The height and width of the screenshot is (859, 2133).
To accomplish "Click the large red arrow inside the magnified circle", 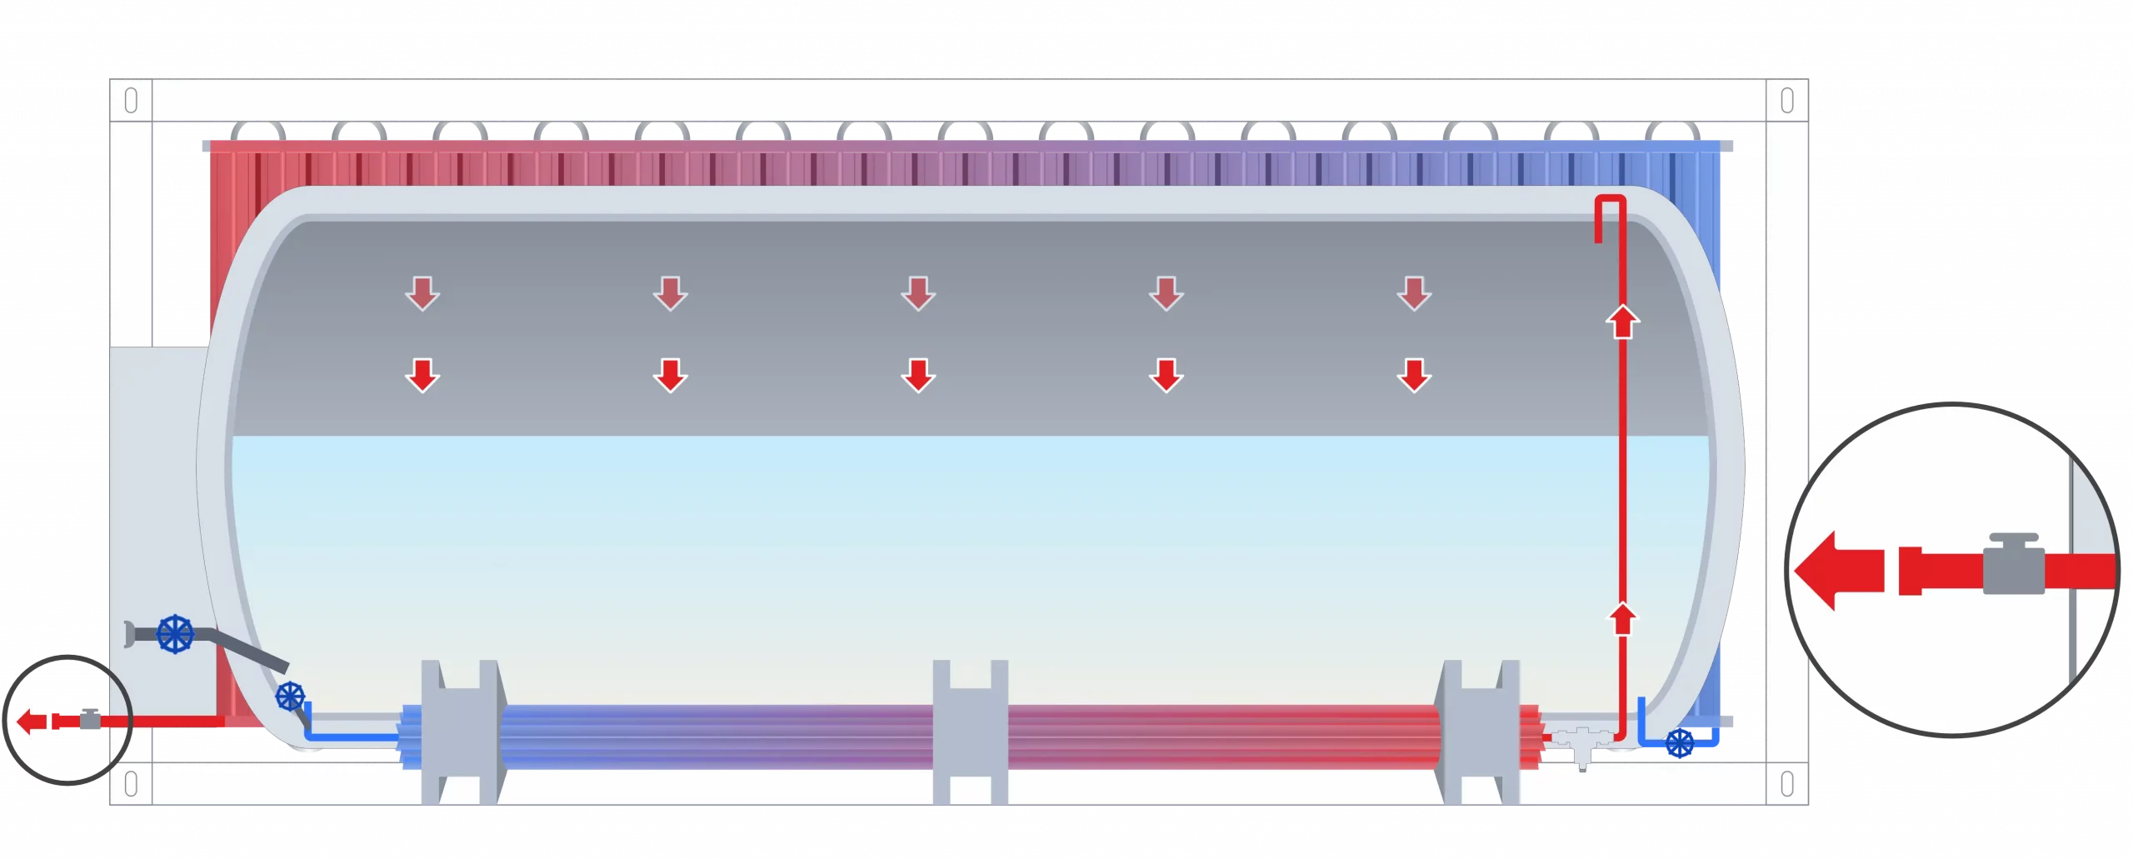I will (x=1837, y=572).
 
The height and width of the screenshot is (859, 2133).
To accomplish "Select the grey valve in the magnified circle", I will (x=2013, y=566).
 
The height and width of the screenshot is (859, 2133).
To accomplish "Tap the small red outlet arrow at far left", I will (x=32, y=721).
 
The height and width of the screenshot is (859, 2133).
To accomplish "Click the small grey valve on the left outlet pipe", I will (x=89, y=719).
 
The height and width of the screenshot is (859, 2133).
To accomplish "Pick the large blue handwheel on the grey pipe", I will (x=175, y=634).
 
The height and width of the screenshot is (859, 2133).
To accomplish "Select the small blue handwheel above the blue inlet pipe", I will (x=290, y=696).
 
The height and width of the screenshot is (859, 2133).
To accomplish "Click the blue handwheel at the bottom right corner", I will (x=1679, y=743).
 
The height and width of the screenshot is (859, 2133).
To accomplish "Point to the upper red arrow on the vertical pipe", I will (x=1622, y=322).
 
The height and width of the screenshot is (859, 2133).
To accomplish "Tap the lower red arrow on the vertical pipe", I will (x=1622, y=619).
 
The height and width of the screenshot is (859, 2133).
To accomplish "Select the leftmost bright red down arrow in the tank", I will (x=422, y=375).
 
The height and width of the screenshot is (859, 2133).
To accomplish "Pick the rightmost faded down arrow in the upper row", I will (x=1414, y=294).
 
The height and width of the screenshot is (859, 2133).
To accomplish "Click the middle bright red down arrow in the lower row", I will (x=918, y=375).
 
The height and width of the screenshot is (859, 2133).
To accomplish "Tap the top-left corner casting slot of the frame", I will (x=131, y=102).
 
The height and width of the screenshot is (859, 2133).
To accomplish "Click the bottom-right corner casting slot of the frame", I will (x=1786, y=784).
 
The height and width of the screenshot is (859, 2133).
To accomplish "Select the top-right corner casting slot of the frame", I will (x=1786, y=102).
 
